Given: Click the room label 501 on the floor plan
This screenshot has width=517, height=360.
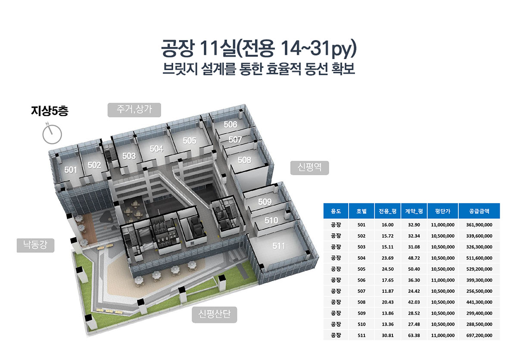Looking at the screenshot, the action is (71, 170).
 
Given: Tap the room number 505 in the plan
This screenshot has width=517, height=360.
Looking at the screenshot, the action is (190, 140).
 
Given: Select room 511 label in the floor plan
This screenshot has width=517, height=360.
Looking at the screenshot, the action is (279, 246).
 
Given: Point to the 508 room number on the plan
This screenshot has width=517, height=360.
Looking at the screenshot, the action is (244, 160).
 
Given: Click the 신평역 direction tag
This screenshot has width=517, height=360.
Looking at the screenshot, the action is (309, 168).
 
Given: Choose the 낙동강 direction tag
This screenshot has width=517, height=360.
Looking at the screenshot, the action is (35, 245).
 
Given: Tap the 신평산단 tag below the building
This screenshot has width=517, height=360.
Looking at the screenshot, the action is (215, 314).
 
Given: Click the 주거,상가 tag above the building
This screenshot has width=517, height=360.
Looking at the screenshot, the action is (134, 110).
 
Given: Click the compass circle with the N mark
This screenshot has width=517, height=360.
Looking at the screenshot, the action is (52, 134).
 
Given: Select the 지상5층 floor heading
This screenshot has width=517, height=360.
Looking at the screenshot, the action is (50, 111).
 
